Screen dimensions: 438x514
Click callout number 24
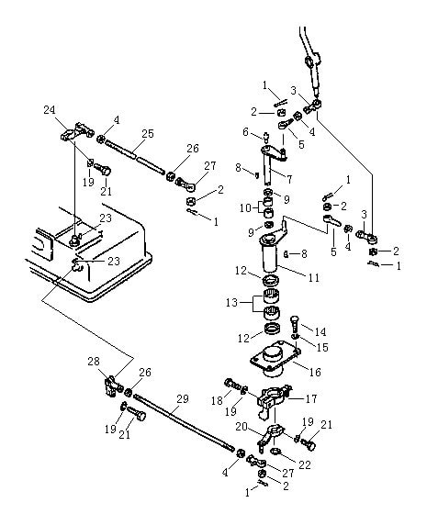pos(50,109)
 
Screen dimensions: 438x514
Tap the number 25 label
pos(148,133)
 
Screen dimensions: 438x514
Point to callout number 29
pos(183,399)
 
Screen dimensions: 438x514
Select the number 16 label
pos(315,372)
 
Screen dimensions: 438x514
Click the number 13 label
pos(231,302)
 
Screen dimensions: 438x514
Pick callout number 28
pos(94,362)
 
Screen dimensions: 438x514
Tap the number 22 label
pos(305,464)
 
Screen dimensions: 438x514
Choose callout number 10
pos(245,207)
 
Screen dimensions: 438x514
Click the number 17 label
pos(311,398)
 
